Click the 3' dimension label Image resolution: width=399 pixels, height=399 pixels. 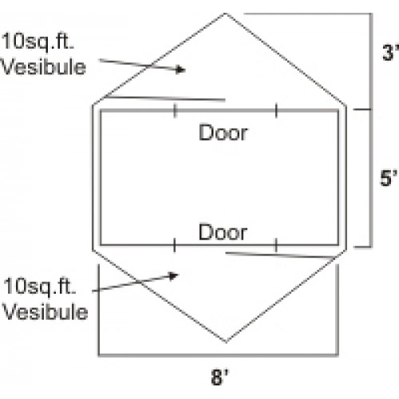point(390,53)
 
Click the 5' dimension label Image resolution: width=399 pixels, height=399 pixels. point(389,178)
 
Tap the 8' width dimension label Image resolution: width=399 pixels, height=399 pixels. point(219,377)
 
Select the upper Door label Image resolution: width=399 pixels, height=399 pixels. point(223,132)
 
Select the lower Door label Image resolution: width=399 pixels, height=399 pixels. point(223,232)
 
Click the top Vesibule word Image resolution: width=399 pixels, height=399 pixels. point(43,66)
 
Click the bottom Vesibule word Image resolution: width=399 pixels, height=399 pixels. point(45,311)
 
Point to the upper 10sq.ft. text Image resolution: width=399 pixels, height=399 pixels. point(38,41)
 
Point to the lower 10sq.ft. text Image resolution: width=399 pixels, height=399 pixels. point(40,286)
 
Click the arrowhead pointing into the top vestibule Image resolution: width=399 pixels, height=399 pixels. point(181,69)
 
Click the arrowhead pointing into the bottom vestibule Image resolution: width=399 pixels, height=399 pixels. point(174,276)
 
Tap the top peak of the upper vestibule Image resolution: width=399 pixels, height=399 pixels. point(226,14)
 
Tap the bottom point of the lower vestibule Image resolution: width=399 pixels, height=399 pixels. point(226,342)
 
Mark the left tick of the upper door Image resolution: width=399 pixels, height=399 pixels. point(175,110)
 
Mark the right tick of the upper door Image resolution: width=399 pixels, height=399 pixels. point(276,110)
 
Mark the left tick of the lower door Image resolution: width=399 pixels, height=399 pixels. point(175,245)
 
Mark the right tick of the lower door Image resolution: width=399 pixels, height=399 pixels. point(276,245)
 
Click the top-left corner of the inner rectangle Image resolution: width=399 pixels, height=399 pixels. point(101,110)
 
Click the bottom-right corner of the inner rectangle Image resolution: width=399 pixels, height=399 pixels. point(338,245)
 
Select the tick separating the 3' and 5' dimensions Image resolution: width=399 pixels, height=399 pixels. point(362,109)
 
